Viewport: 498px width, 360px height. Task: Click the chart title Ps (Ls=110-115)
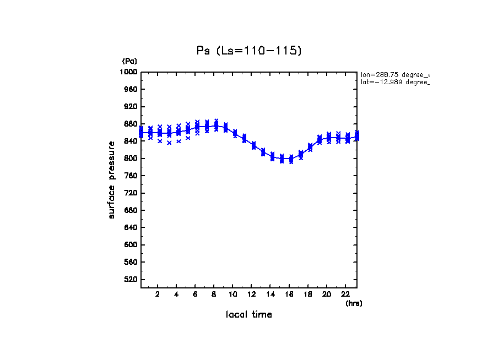(249, 51)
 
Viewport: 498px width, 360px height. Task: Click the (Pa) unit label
(129, 61)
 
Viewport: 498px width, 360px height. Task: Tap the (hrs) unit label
(354, 303)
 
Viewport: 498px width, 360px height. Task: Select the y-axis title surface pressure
(112, 179)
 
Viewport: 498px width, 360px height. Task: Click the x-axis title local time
(248, 315)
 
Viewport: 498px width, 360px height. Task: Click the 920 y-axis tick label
(131, 107)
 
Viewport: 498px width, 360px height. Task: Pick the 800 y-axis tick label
(131, 159)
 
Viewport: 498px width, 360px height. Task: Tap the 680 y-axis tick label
(131, 210)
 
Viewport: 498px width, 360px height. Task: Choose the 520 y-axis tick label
(131, 280)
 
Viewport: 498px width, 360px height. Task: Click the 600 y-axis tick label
(131, 245)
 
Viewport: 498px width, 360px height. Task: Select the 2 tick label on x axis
(158, 294)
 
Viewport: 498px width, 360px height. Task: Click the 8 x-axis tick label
(214, 294)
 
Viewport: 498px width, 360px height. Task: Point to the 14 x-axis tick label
(270, 294)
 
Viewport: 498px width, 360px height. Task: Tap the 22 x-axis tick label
(345, 294)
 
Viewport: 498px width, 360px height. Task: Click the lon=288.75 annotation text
(394, 74)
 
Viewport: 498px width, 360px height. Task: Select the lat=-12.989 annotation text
(394, 82)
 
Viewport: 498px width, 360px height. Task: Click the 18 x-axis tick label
(308, 294)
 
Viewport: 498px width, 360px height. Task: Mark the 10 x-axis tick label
(232, 294)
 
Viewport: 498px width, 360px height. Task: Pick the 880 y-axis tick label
(131, 124)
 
